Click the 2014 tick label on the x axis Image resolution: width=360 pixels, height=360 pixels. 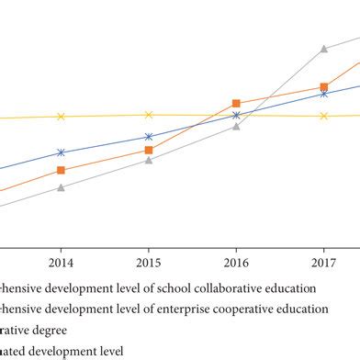pyautogui.click(x=61, y=262)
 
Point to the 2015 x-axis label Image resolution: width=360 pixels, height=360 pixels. pyautogui.click(x=149, y=262)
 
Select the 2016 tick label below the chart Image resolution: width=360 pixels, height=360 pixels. pyautogui.click(x=236, y=262)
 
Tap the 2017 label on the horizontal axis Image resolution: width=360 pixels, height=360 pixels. pyautogui.click(x=323, y=262)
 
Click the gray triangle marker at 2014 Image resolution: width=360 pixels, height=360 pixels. pyautogui.click(x=61, y=187)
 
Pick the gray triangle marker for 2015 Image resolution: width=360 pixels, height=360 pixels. pyautogui.click(x=149, y=159)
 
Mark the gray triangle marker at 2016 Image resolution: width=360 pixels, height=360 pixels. pyautogui.click(x=236, y=126)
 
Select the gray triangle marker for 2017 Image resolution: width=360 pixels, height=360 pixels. pyautogui.click(x=323, y=49)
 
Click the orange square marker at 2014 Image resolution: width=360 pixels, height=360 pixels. pyautogui.click(x=61, y=170)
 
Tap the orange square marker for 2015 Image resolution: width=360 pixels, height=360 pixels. pyautogui.click(x=149, y=150)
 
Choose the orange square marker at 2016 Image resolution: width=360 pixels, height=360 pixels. pyautogui.click(x=236, y=104)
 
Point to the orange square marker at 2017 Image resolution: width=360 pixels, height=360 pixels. pyautogui.click(x=323, y=87)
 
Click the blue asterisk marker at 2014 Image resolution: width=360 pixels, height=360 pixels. pyautogui.click(x=61, y=152)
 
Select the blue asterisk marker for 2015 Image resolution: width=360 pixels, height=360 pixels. pyautogui.click(x=149, y=137)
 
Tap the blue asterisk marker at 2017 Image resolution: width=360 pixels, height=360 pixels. pyautogui.click(x=323, y=94)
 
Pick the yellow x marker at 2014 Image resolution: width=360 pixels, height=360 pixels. pyautogui.click(x=61, y=117)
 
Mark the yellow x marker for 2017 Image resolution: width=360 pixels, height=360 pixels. pyautogui.click(x=323, y=116)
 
